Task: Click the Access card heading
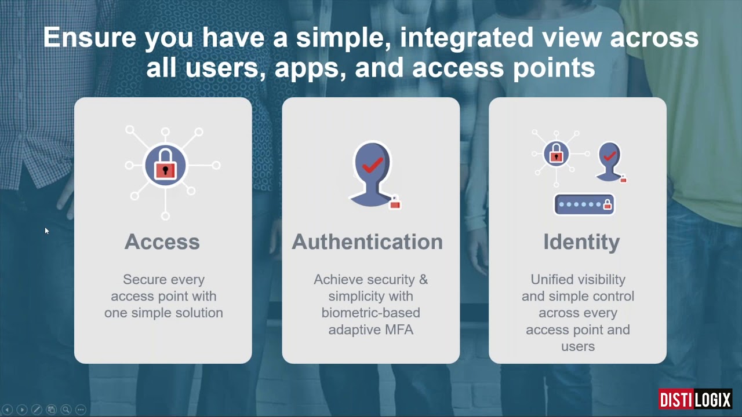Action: tap(162, 242)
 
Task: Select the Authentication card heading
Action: tap(368, 242)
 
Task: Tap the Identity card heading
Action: tap(581, 243)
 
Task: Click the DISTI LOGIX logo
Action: tap(695, 399)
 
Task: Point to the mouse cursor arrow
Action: tap(47, 231)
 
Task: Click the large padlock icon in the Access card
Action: tap(166, 164)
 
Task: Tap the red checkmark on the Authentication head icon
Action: tap(373, 165)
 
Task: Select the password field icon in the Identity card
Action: tap(584, 204)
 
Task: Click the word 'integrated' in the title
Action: tap(467, 38)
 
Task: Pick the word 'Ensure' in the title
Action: tap(90, 38)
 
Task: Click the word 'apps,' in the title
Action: tap(310, 68)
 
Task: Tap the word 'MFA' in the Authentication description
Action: tap(399, 330)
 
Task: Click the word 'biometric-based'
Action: tap(370, 313)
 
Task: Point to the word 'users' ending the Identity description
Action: tap(578, 347)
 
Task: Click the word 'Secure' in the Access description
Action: tap(145, 280)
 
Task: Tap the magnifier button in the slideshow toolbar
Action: tap(66, 409)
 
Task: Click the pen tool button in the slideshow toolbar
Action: tap(37, 409)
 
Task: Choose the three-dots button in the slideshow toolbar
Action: tap(81, 409)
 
